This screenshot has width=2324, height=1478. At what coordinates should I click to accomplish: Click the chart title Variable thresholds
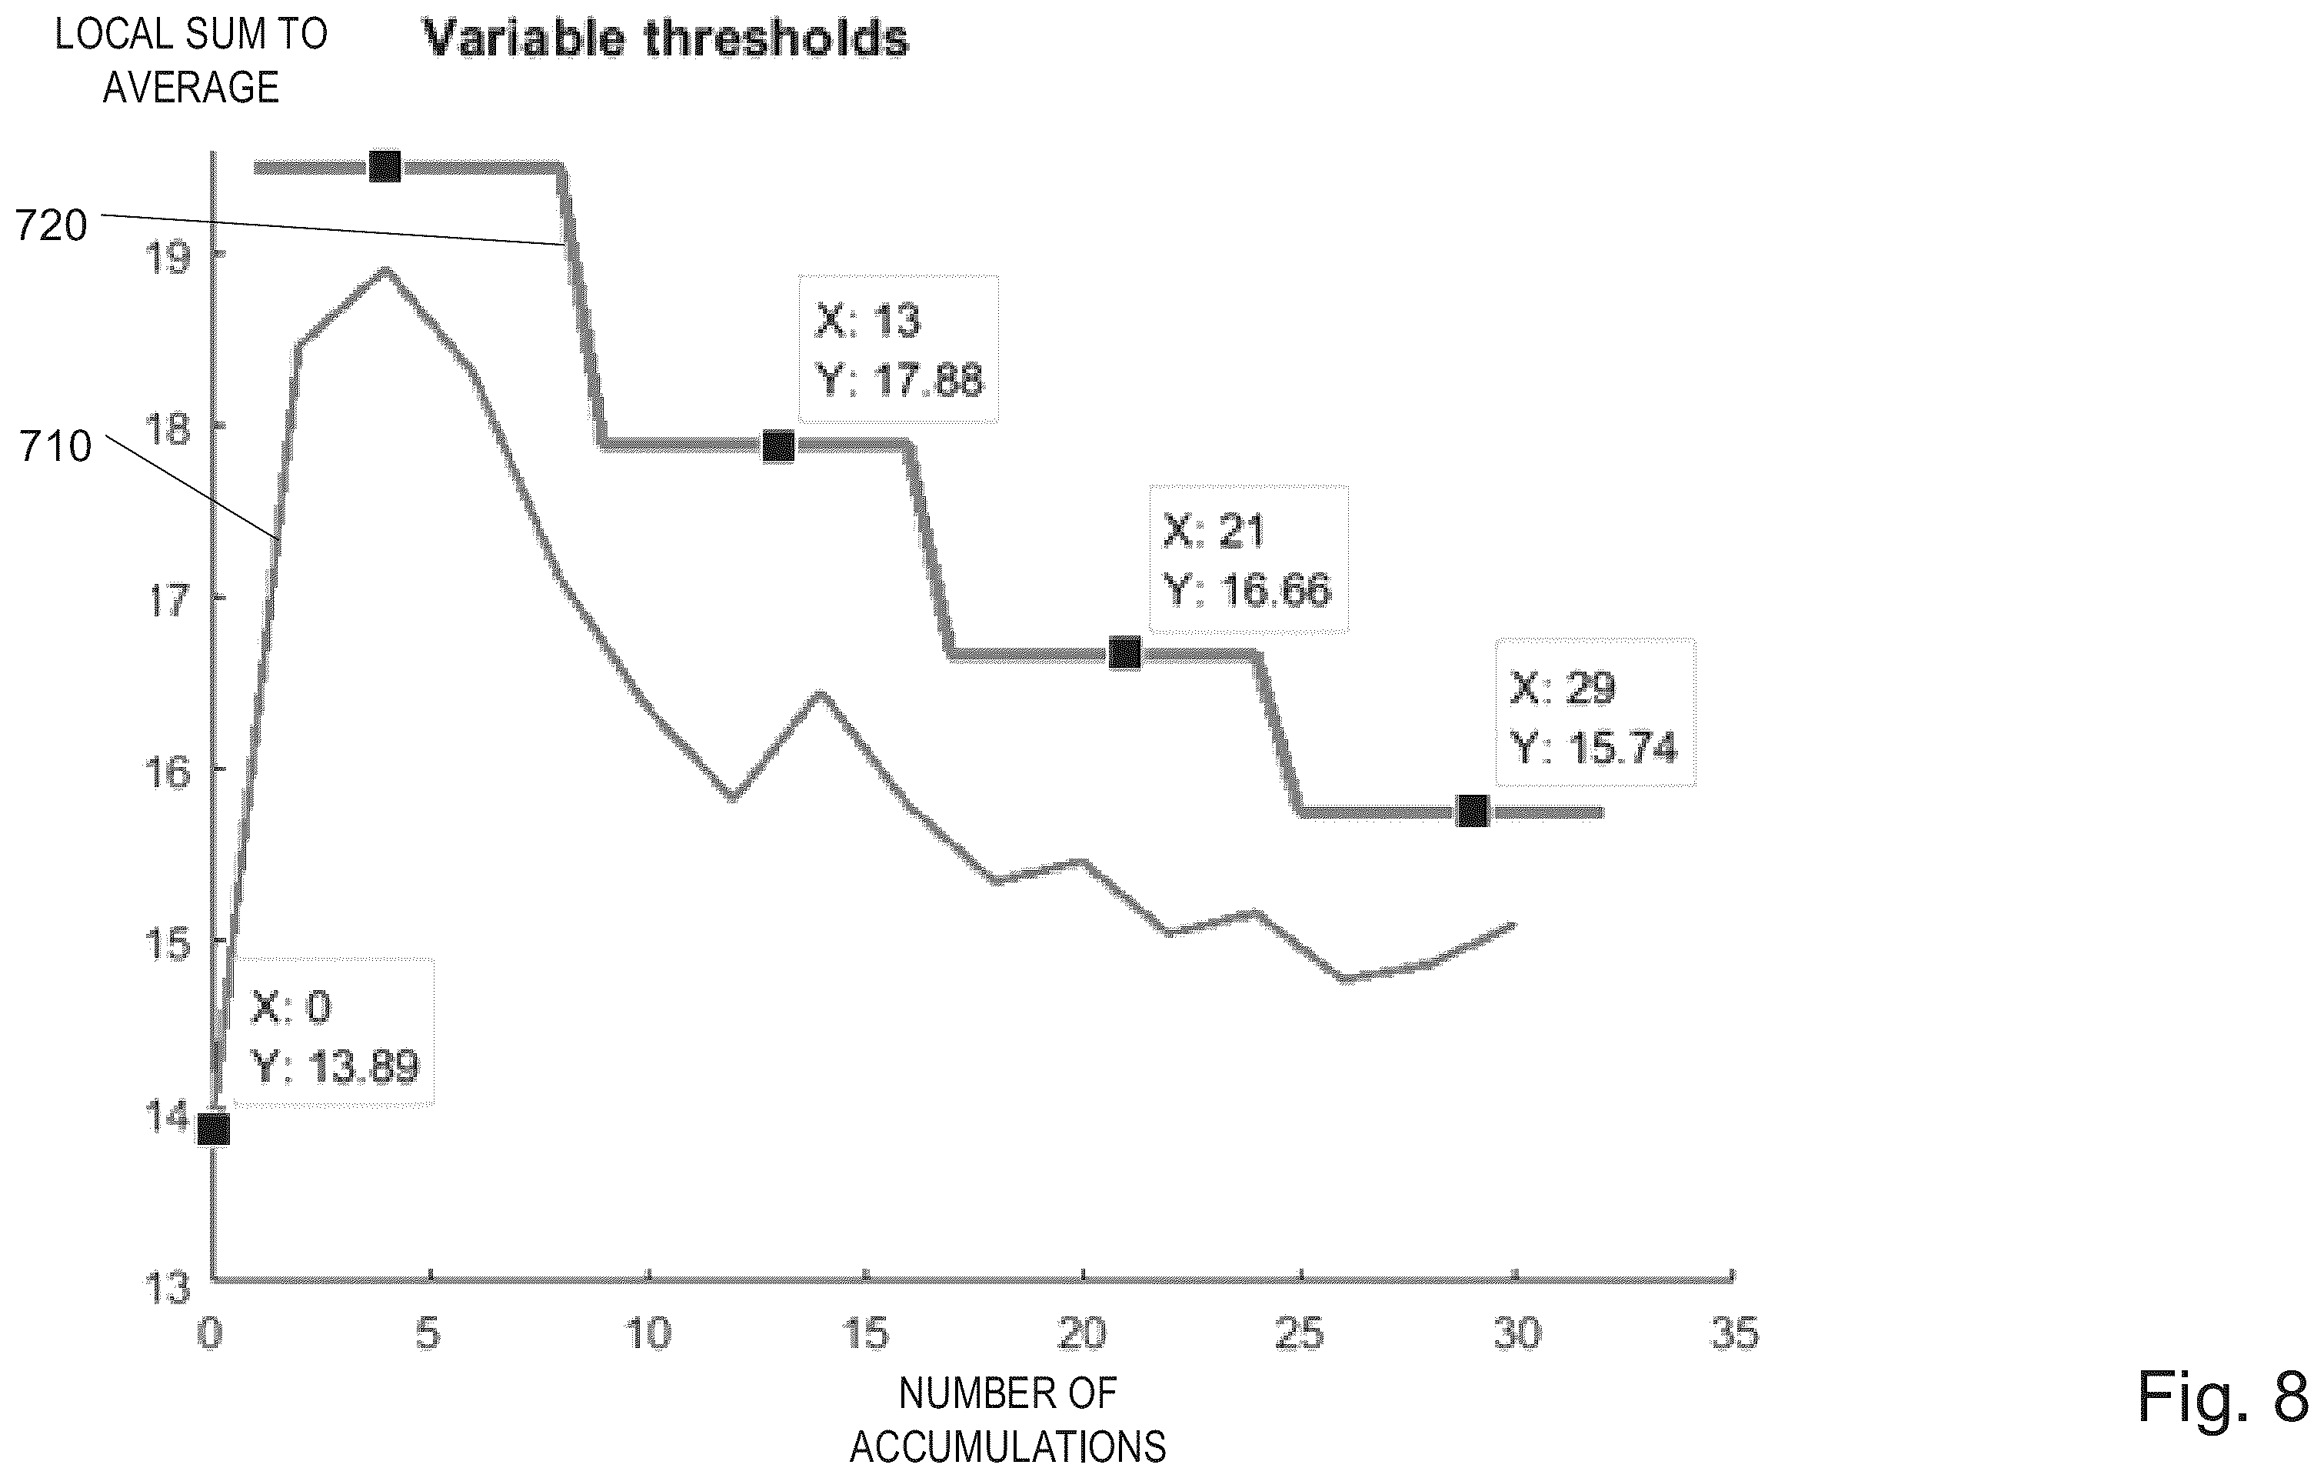(x=666, y=38)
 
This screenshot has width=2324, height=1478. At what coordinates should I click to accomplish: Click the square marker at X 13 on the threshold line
(x=779, y=446)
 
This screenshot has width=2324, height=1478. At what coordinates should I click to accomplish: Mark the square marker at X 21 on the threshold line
(x=1124, y=653)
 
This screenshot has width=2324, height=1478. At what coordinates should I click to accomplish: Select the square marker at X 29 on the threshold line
(x=1472, y=811)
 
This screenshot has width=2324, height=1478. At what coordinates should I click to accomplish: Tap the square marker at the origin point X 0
(x=213, y=1129)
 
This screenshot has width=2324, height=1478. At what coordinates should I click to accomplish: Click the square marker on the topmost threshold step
(x=385, y=166)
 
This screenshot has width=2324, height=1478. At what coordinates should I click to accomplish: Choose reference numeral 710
(x=56, y=447)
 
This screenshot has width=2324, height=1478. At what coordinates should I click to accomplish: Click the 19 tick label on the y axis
(x=168, y=258)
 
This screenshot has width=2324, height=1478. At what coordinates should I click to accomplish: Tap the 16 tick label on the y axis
(x=168, y=772)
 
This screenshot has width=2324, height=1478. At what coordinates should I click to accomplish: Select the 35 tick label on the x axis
(x=1734, y=1333)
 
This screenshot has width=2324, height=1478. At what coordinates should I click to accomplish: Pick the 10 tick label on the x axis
(x=648, y=1333)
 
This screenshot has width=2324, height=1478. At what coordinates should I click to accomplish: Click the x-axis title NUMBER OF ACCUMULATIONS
(x=1007, y=1420)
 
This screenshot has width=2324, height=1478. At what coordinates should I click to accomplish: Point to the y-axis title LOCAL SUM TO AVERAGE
(x=191, y=61)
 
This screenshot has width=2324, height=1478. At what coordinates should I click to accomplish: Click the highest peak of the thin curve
(x=386, y=269)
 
